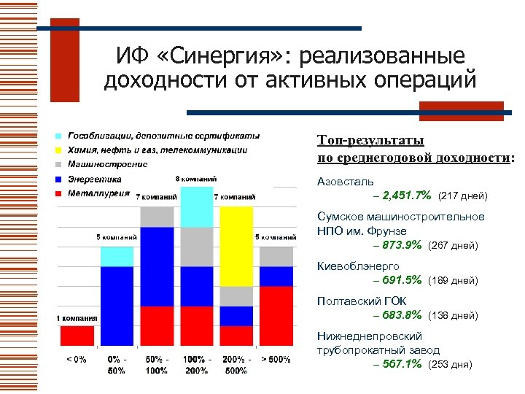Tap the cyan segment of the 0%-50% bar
117,256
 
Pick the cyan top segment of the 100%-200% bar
196,206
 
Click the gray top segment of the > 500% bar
276,257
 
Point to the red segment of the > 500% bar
276,315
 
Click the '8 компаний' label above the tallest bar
196,179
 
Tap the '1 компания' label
77,319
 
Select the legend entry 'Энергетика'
95,179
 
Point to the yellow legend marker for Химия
58,150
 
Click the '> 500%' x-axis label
276,359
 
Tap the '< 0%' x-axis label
77,359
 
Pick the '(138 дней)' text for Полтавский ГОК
456,316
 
